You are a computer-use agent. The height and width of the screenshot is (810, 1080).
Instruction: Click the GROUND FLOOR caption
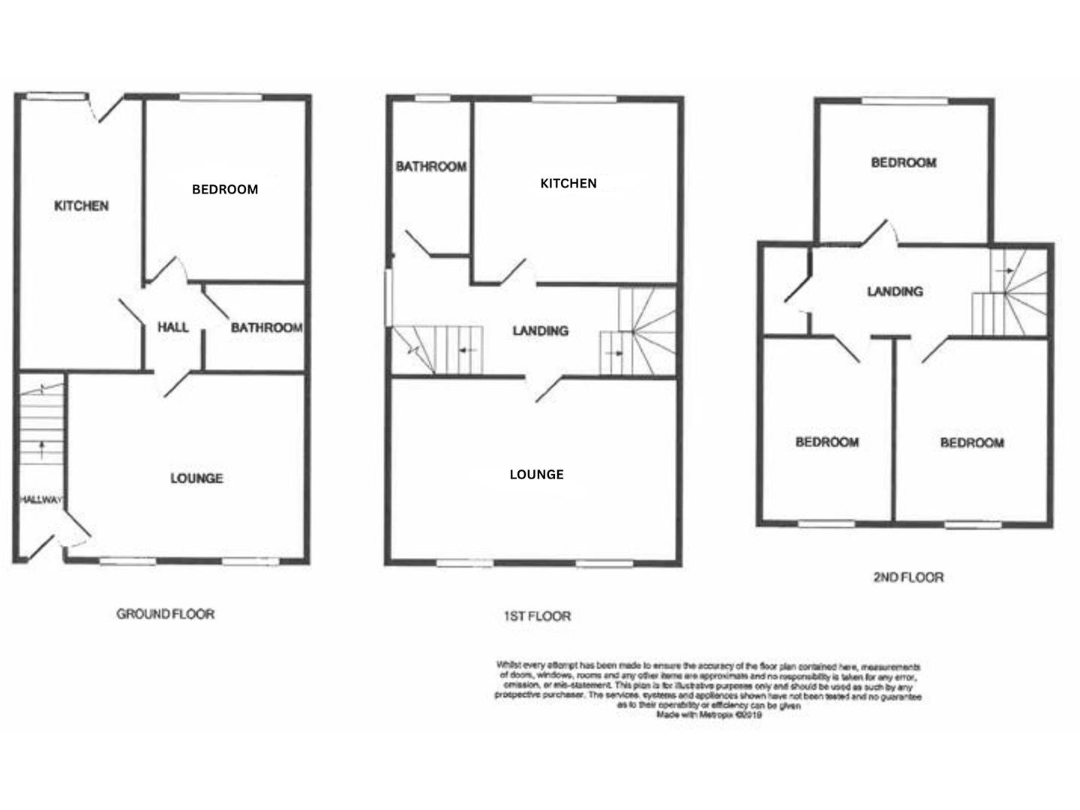[x=165, y=614]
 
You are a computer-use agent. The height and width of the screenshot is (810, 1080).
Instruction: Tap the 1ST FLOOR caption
[x=536, y=616]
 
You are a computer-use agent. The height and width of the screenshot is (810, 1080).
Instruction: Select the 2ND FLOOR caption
[x=908, y=577]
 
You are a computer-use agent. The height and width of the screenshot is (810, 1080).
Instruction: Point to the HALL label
[x=173, y=327]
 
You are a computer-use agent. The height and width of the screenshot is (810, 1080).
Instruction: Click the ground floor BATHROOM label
[x=266, y=328]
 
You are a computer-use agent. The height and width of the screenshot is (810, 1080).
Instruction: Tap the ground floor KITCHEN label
[x=82, y=205]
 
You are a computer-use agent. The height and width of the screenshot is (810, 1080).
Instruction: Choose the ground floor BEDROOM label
[x=225, y=190]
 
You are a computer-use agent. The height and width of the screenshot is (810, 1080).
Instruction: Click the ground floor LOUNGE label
[x=196, y=478]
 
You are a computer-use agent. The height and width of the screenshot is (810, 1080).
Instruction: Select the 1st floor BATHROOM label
[x=431, y=166]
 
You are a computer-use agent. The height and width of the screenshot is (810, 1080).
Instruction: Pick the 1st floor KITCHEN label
[x=568, y=183]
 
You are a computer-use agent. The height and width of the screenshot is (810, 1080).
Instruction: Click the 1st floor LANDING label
[x=540, y=331]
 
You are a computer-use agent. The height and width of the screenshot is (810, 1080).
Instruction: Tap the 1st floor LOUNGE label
[x=536, y=475]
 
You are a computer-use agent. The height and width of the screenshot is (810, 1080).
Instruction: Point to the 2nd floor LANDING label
[x=895, y=291]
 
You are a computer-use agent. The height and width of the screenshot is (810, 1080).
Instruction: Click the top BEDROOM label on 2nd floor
[x=903, y=163]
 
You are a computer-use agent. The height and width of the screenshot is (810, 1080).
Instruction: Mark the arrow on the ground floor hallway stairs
[x=41, y=450]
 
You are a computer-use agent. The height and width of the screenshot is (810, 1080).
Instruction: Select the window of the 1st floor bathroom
[x=433, y=97]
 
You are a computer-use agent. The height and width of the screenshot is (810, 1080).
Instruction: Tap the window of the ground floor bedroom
[x=221, y=97]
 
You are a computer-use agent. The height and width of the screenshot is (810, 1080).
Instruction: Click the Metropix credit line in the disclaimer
[x=709, y=715]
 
